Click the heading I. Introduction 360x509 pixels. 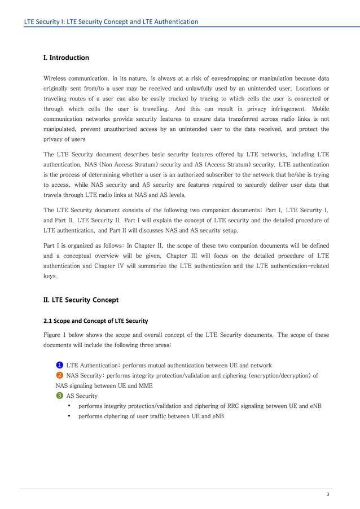click(x=66, y=58)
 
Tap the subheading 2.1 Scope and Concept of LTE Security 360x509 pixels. click(x=95, y=321)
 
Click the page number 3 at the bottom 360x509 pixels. click(x=327, y=494)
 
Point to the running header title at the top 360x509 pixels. click(x=111, y=21)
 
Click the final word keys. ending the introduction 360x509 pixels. click(x=50, y=277)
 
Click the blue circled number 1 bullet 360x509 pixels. click(x=59, y=365)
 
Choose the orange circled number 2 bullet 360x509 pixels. click(x=59, y=375)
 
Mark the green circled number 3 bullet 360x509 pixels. click(x=59, y=396)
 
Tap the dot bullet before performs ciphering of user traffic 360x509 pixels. click(x=68, y=416)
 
